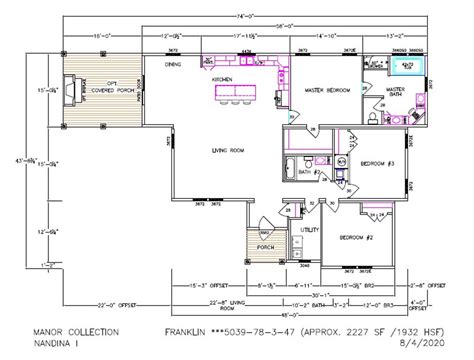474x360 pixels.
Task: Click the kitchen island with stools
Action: click(x=232, y=93)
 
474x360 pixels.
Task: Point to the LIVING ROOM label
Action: click(x=229, y=151)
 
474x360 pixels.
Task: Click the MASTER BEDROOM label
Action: click(x=326, y=90)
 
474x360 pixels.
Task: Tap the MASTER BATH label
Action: click(x=396, y=92)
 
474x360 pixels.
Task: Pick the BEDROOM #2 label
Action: click(x=356, y=237)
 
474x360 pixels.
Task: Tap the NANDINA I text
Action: click(x=61, y=342)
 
